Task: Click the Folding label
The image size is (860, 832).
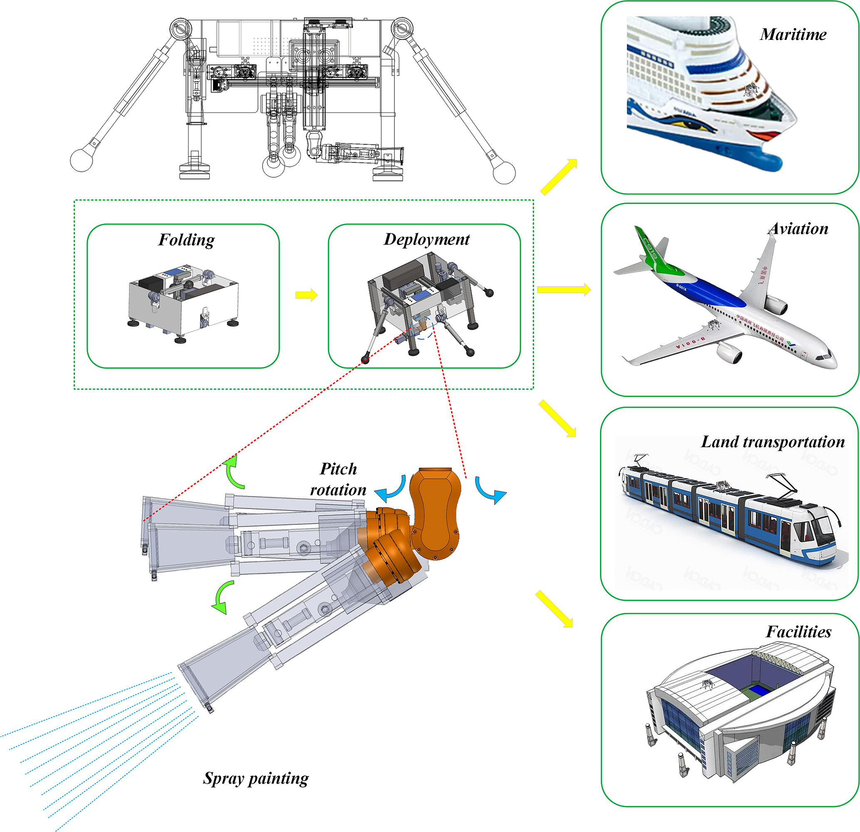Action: coord(186,240)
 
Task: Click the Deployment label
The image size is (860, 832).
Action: coord(426,240)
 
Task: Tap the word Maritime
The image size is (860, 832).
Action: coord(793,35)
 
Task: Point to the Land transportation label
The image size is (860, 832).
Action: coord(773,442)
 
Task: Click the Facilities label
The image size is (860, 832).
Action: coord(798,632)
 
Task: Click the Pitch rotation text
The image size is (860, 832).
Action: coord(338,479)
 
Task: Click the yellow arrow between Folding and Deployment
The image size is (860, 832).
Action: coord(306,295)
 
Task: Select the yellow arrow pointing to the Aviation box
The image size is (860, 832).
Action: coord(564,290)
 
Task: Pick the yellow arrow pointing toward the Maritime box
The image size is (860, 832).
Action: coord(558,177)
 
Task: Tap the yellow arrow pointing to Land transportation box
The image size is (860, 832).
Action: coord(557,418)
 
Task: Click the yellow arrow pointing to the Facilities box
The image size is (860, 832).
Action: coord(554,609)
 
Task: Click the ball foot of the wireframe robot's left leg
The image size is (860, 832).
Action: coord(82,160)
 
